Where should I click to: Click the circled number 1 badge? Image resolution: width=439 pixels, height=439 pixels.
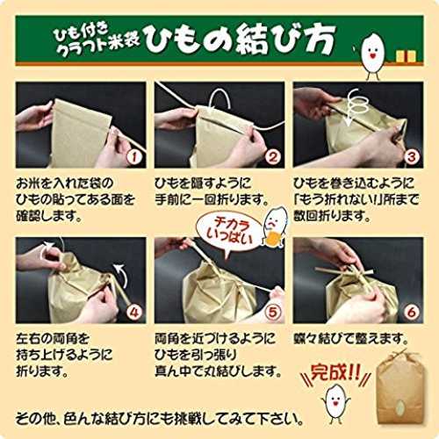click(x=133, y=157)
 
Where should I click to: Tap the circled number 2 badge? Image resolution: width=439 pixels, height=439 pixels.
click(x=272, y=157)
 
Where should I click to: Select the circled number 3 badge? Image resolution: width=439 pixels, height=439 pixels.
click(x=411, y=157)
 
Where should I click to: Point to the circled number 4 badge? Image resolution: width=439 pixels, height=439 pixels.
click(x=133, y=313)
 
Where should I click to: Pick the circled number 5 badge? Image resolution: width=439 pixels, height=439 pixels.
click(x=272, y=313)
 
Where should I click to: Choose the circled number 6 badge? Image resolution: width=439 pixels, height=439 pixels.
click(x=411, y=313)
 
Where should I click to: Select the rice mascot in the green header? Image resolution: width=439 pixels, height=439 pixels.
click(x=372, y=55)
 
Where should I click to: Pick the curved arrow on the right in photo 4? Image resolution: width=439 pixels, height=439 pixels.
click(x=122, y=274)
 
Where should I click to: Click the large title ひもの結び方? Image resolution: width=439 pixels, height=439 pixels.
click(x=240, y=40)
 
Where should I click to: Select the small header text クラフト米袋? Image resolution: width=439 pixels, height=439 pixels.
click(x=98, y=47)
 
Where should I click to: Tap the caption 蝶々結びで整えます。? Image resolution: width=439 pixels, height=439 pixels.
click(x=351, y=339)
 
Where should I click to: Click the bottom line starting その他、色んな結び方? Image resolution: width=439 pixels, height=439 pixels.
click(x=159, y=419)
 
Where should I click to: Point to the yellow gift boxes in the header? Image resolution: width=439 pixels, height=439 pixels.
click(x=406, y=56)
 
